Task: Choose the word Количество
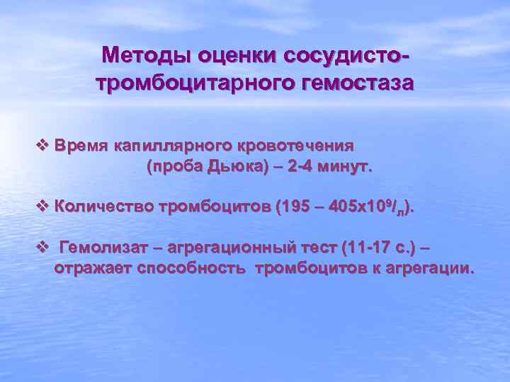click(100, 207)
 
